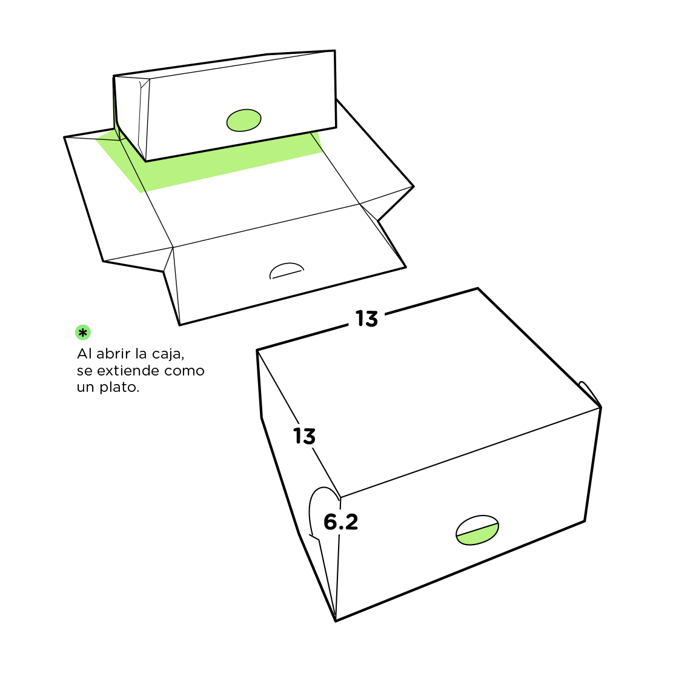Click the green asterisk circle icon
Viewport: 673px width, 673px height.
(x=83, y=333)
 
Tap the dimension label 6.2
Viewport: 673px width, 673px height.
(x=341, y=522)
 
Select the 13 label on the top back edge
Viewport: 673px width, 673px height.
(x=367, y=319)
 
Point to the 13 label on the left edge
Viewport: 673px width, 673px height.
(x=304, y=436)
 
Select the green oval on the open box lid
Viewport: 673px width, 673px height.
(x=244, y=120)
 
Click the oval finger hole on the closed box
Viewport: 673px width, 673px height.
(x=477, y=530)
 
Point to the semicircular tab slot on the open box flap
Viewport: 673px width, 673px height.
(x=287, y=270)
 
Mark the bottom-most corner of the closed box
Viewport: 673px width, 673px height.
(x=335, y=621)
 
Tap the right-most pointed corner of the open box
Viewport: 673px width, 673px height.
(x=414, y=187)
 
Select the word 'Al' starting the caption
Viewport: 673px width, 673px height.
(x=85, y=354)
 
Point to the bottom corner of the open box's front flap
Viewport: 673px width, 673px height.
(x=179, y=325)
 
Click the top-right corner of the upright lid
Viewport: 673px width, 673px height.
(x=334, y=51)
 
